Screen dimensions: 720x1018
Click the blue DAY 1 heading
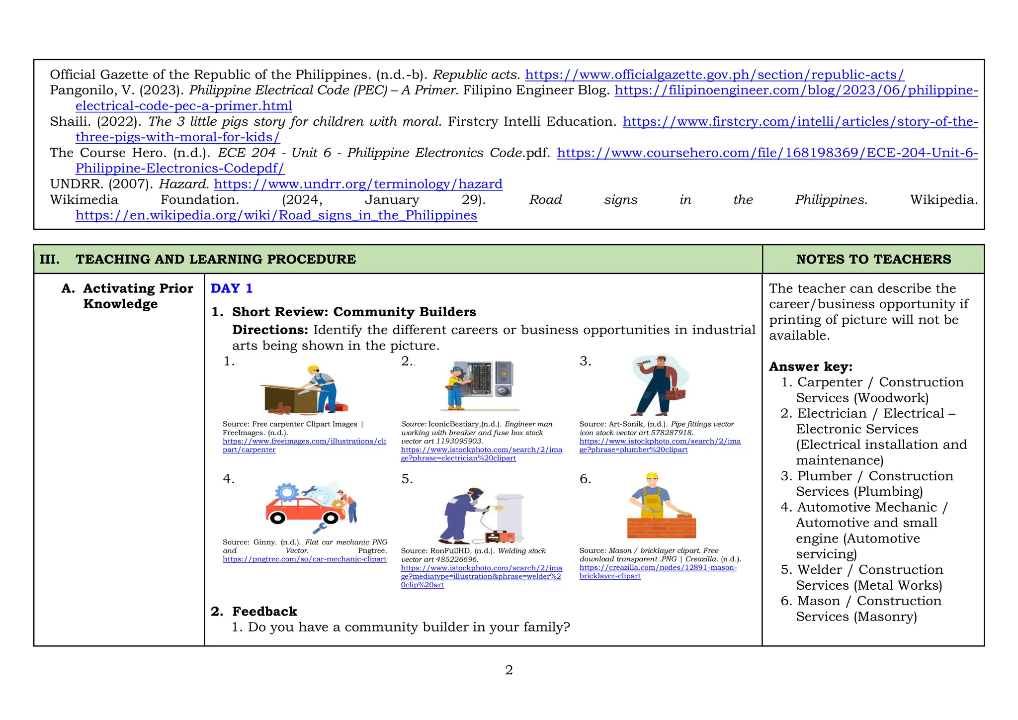coord(232,288)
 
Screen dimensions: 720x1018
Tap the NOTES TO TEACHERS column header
coord(873,259)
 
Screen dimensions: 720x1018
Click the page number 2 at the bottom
coord(509,670)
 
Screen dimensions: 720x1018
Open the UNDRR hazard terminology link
coord(358,184)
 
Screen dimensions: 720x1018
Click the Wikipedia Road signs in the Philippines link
coord(276,215)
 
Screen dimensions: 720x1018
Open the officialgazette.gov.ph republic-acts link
coord(714,75)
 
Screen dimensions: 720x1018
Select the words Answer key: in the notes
coord(811,366)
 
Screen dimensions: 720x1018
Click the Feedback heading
coord(264,611)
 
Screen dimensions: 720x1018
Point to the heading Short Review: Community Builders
coord(354,312)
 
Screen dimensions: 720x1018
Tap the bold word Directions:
coord(271,330)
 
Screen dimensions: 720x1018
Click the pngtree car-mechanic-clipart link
coord(304,559)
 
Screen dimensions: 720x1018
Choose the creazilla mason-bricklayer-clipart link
coord(658,567)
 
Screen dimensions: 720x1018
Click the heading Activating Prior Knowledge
coord(138,296)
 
